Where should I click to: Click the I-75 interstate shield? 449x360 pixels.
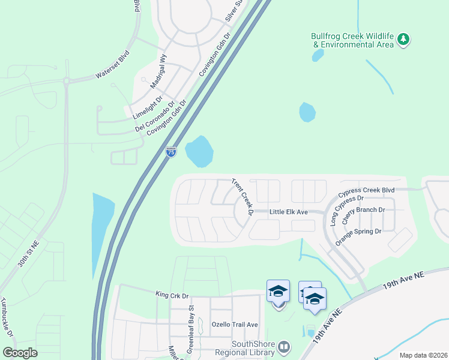[x=171, y=152]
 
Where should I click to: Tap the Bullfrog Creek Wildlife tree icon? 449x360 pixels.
[x=405, y=40]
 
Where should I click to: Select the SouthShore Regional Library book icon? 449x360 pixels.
[x=284, y=347]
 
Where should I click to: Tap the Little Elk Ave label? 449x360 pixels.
[x=288, y=212]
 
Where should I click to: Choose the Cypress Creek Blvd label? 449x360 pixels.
[x=366, y=190]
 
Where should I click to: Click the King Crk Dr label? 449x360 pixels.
[x=172, y=295]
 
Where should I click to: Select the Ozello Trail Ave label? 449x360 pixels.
[x=234, y=325]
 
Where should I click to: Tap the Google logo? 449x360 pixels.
[x=20, y=352]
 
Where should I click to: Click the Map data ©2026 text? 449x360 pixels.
[x=423, y=355]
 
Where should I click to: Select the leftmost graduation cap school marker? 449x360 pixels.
[x=278, y=292]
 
